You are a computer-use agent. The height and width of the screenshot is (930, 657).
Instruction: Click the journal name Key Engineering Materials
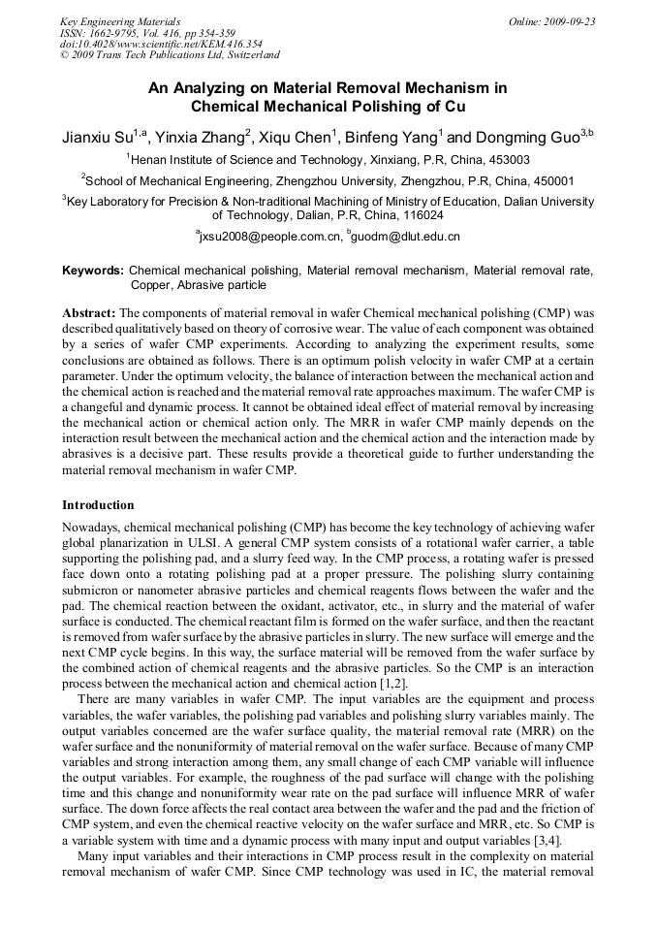click(x=120, y=20)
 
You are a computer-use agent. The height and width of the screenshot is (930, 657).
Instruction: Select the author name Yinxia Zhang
click(x=200, y=137)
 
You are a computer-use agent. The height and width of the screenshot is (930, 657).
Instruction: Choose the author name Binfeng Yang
click(x=391, y=137)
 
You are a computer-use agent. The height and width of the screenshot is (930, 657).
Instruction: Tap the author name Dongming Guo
click(x=527, y=137)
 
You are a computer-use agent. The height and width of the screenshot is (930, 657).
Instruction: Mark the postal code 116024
click(x=422, y=215)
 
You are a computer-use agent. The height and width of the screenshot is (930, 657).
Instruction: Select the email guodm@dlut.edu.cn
click(x=406, y=237)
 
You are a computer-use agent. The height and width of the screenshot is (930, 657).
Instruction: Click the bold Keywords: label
click(x=93, y=271)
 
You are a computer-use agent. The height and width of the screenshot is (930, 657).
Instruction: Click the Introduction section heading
click(x=98, y=505)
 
